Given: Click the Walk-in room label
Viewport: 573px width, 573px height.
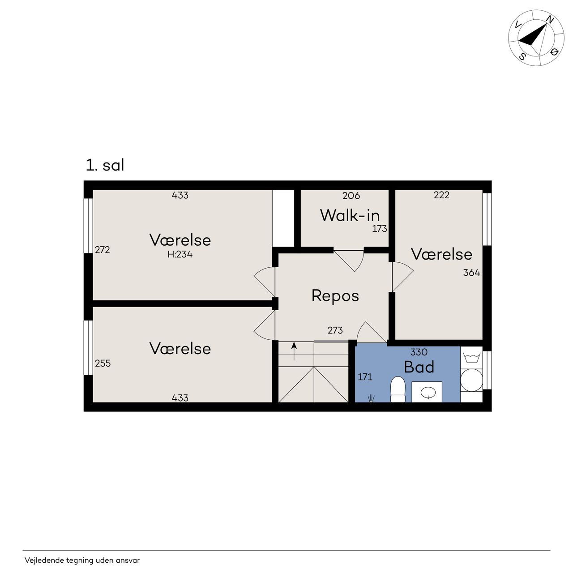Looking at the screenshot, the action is pos(350,215).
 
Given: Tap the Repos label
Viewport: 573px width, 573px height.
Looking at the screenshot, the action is pos(335,296).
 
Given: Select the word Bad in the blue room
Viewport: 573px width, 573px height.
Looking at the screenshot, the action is pos(419,367).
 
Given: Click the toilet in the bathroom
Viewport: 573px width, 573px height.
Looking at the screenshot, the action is pos(398,389).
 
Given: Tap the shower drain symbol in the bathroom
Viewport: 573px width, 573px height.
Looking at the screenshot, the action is pos(371,398).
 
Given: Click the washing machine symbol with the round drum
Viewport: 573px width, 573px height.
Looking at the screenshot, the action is pos(471,380).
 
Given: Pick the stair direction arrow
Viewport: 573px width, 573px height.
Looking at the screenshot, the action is pos(294,351).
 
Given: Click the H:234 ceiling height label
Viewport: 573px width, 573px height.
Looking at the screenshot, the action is pos(180,255).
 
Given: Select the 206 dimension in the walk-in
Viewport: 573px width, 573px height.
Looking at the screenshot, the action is pos(351,196).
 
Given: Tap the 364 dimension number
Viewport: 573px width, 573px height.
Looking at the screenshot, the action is pos(471,273).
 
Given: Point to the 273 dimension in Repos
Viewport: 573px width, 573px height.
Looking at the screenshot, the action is pos(335,330).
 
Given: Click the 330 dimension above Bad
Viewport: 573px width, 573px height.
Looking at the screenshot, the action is pos(419,352).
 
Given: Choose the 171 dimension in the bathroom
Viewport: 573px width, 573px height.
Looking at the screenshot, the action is pos(365,377).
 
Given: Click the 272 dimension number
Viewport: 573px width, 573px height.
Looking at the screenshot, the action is pos(103,250).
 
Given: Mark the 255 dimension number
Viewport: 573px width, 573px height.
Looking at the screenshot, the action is pos(103,363).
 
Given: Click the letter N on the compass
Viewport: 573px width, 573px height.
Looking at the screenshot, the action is pos(550,20).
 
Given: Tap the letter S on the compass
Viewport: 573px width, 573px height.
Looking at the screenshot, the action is pos(522,56).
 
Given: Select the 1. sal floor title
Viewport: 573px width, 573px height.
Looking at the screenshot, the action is pos(105,165).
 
